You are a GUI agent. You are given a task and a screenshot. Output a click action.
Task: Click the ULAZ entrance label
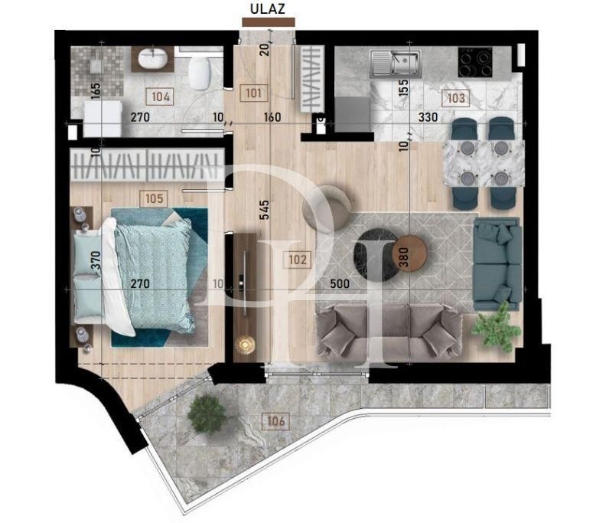[267, 10]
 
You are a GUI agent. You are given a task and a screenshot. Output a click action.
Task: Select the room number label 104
[161, 97]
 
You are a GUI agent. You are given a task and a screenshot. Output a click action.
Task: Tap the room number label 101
[254, 94]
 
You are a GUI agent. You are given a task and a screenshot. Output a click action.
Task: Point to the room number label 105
[154, 198]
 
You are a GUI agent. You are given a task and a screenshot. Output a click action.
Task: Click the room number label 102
[298, 260]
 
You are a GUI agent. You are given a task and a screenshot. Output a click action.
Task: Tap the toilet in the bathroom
[200, 73]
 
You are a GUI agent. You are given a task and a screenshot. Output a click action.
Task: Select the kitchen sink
[394, 61]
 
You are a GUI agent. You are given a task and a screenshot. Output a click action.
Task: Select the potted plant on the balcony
[206, 414]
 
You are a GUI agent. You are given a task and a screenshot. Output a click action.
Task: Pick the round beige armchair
[329, 207]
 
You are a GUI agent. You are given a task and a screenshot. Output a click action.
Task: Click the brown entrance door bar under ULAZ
[267, 24]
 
